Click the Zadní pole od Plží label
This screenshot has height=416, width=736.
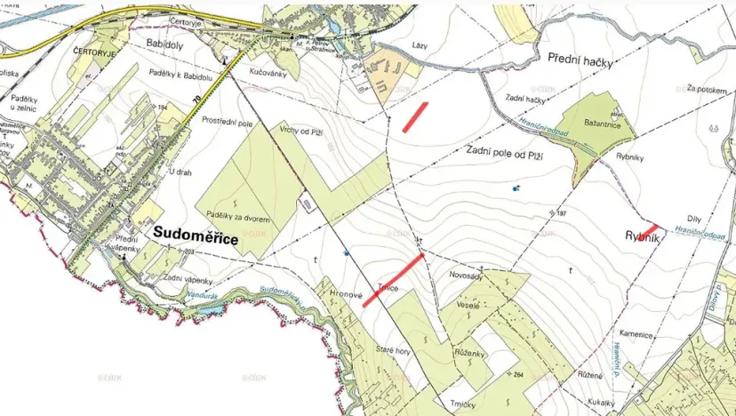pyautogui.click(x=504, y=154)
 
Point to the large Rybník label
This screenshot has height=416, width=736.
pyautogui.click(x=635, y=237)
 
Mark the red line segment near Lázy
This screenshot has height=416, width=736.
pyautogui.click(x=415, y=116)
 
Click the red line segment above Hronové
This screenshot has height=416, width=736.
pyautogui.click(x=392, y=280)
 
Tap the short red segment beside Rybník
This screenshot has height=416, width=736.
pyautogui.click(x=652, y=229)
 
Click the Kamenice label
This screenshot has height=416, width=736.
pyautogui.click(x=638, y=335)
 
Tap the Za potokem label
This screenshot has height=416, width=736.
pyautogui.click(x=707, y=90)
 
